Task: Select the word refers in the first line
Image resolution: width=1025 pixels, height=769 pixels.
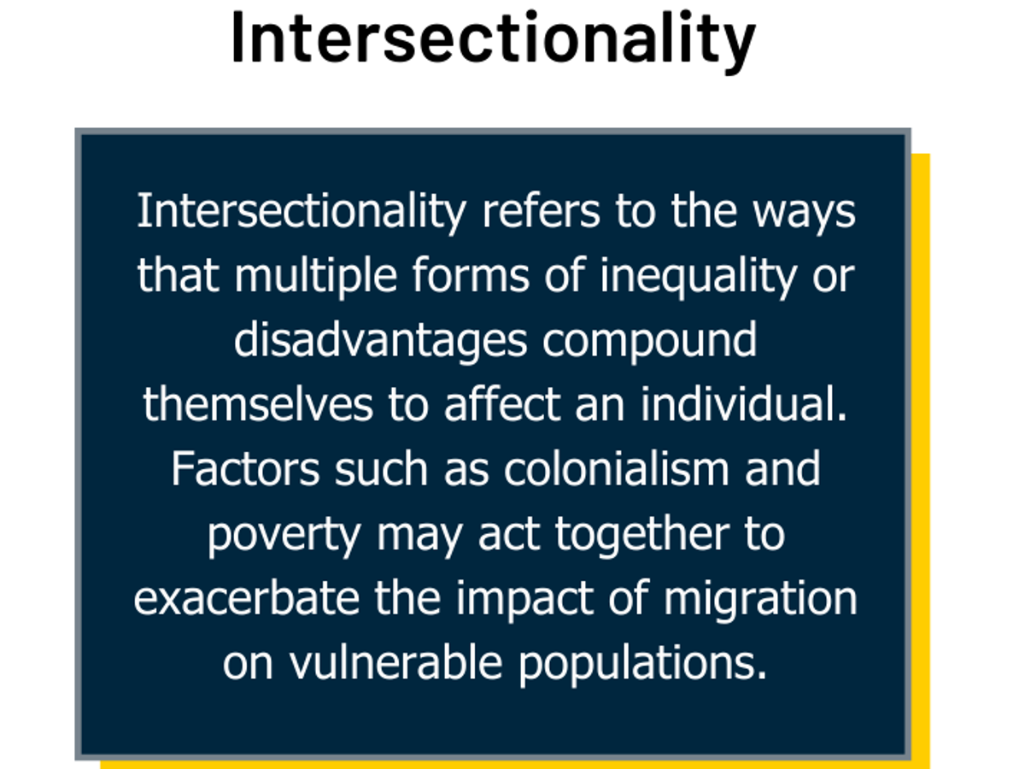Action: (542, 211)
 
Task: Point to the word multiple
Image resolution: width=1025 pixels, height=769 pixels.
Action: (316, 276)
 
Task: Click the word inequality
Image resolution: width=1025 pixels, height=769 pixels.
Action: (698, 276)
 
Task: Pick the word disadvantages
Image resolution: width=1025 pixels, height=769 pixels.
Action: (381, 341)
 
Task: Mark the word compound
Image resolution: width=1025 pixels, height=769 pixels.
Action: (649, 341)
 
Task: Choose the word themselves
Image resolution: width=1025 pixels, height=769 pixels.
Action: (258, 404)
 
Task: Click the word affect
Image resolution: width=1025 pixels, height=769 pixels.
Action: (502, 404)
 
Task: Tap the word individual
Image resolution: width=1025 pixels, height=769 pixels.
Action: (743, 404)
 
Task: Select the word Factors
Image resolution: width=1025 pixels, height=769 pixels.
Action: (246, 469)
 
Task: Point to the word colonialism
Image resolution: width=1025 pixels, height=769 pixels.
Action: (617, 468)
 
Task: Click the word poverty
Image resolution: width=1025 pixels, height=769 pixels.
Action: (284, 536)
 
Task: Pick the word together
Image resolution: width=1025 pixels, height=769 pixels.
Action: (642, 536)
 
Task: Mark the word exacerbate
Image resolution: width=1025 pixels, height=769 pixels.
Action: (247, 597)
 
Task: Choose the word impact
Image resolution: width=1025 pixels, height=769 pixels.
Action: (524, 601)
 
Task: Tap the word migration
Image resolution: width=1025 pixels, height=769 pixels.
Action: (761, 601)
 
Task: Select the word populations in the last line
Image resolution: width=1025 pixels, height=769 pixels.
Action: (642, 666)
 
